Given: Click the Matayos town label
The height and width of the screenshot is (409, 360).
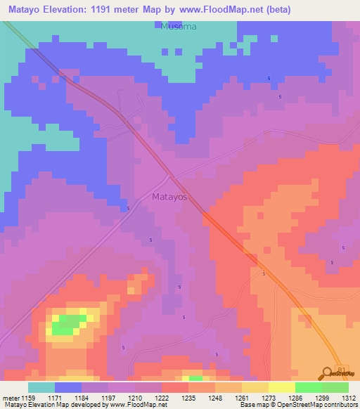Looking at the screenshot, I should tap(169, 197).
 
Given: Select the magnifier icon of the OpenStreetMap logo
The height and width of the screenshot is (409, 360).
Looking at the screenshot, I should tap(328, 373).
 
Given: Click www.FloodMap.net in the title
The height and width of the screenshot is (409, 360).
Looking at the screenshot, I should tap(223, 10).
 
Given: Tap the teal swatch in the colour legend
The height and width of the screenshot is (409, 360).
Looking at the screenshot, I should tap(41, 387).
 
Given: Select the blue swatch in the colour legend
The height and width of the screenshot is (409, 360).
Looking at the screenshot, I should tap(68, 387).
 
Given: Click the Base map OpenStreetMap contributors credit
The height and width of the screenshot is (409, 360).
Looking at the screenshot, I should tap(297, 405).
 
